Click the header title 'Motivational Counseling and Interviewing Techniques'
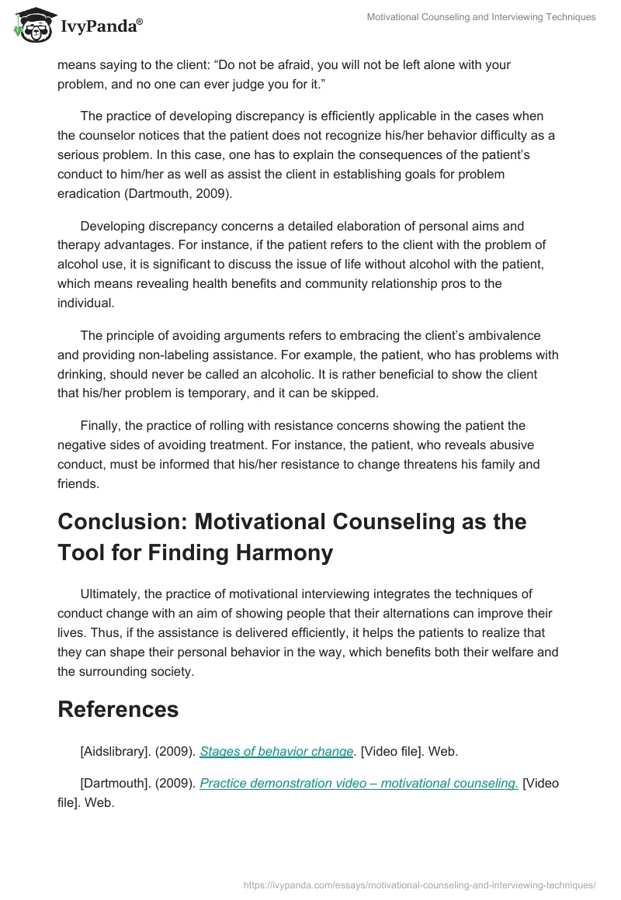(x=481, y=17)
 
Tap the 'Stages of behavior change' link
(x=277, y=751)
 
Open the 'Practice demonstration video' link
(x=359, y=783)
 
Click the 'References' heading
(x=118, y=709)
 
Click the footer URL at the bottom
(x=419, y=884)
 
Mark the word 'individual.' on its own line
(x=86, y=303)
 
